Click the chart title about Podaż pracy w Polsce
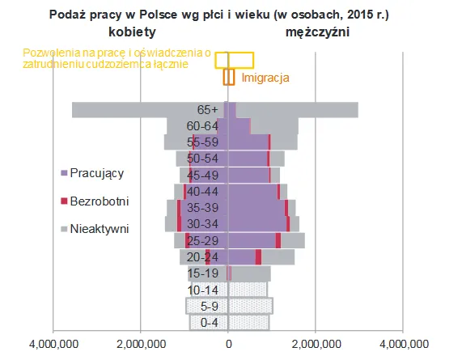231,15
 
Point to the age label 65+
208,109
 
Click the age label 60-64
202,125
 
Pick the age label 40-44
203,190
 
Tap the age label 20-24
203,256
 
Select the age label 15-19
203,273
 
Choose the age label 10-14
203,290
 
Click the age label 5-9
208,306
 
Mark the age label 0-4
208,323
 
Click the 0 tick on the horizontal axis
228,345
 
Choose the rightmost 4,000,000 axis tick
402,345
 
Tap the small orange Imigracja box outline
228,77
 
